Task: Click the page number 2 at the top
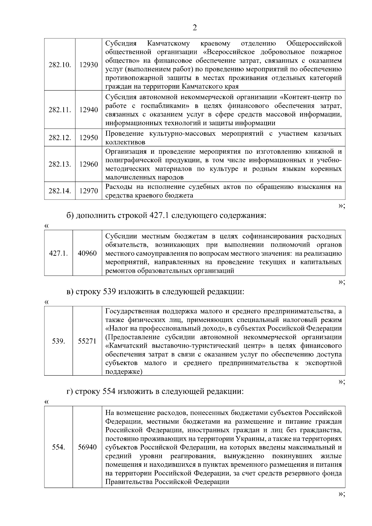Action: [x=195, y=28]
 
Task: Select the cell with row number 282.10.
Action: [x=60, y=65]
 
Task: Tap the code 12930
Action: [x=88, y=65]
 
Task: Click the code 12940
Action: [x=88, y=110]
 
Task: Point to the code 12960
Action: [x=88, y=164]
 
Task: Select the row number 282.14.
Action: [x=60, y=191]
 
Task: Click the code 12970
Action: [x=88, y=191]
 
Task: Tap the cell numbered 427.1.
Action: [x=58, y=253]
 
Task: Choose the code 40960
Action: [x=87, y=253]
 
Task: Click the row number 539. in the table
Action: [x=58, y=341]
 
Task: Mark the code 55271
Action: [x=87, y=341]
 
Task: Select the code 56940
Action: [x=87, y=447]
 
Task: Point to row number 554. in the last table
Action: [x=58, y=447]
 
